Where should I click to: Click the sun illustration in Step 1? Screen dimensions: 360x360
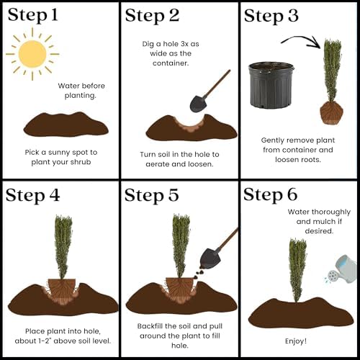point(32,54)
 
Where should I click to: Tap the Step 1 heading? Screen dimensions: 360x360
point(33,15)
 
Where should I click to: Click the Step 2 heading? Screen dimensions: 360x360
point(152,16)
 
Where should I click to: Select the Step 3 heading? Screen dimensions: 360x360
point(271,16)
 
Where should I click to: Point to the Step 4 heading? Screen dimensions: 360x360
point(32,195)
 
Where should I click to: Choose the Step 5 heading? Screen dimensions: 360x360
point(152,195)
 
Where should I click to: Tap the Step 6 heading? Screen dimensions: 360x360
point(271,194)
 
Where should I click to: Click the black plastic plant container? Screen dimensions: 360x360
point(271,85)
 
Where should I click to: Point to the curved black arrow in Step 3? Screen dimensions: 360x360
point(302,40)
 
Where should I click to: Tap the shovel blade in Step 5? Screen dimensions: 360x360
point(210,258)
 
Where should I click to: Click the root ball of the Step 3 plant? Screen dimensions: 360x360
point(331,113)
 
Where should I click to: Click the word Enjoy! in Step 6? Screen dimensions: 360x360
point(296,341)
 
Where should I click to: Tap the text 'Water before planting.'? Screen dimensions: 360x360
point(81,91)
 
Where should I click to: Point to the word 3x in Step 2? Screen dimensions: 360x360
point(184,44)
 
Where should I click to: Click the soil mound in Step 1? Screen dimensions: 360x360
point(66,125)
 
